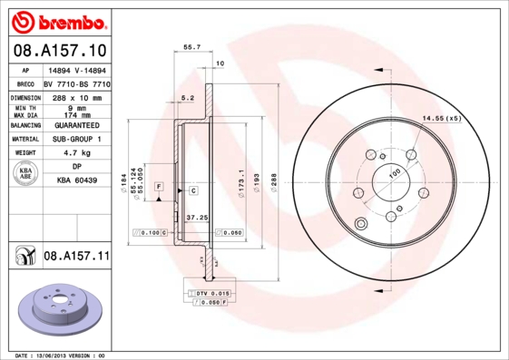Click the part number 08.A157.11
click(x=76, y=258)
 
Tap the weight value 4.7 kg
click(x=77, y=154)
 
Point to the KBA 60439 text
click(x=77, y=181)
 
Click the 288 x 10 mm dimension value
click(x=77, y=96)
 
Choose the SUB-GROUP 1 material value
click(x=77, y=140)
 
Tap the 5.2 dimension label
click(x=188, y=96)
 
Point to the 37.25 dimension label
click(x=185, y=219)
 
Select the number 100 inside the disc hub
click(x=396, y=172)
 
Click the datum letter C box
click(x=193, y=190)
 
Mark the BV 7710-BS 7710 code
click(x=77, y=83)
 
